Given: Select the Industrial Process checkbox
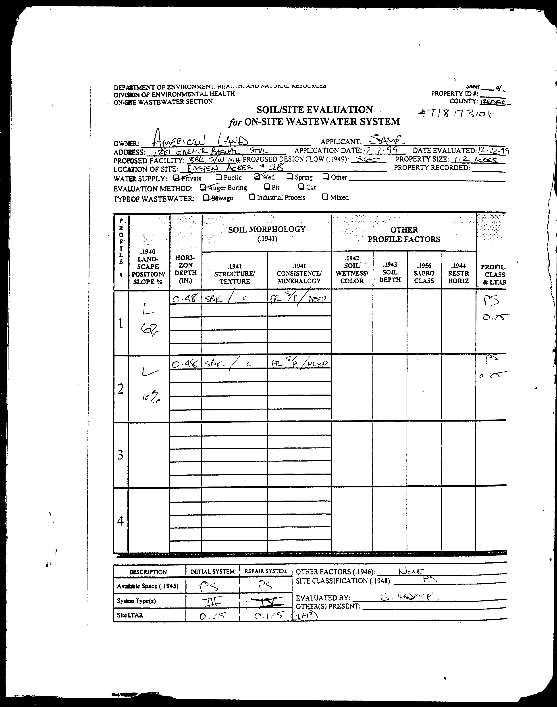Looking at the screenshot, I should (252, 197).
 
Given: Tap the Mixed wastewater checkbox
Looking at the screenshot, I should (325, 197).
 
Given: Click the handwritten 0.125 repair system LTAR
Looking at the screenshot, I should (267, 615).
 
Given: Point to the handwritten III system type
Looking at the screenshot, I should (212, 600).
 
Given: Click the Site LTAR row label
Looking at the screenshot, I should (130, 615).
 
